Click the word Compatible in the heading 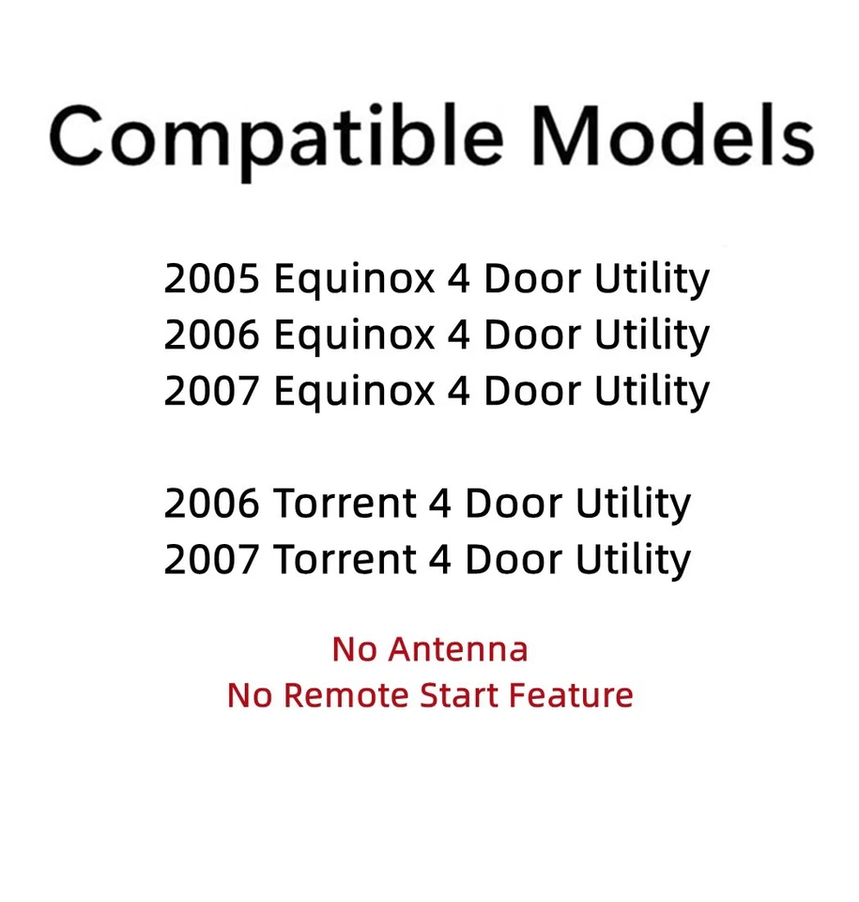(x=276, y=140)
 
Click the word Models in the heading (x=673, y=135)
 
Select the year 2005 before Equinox (x=211, y=278)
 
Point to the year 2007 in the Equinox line (x=211, y=391)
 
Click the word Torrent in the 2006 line (x=345, y=504)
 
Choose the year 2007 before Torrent (x=211, y=559)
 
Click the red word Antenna (x=458, y=649)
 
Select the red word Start (x=458, y=695)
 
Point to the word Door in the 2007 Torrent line (x=514, y=559)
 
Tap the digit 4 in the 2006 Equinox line (x=459, y=334)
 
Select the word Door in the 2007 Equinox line (x=533, y=391)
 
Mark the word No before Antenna (x=354, y=649)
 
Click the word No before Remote (x=250, y=695)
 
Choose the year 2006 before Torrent (x=211, y=504)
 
